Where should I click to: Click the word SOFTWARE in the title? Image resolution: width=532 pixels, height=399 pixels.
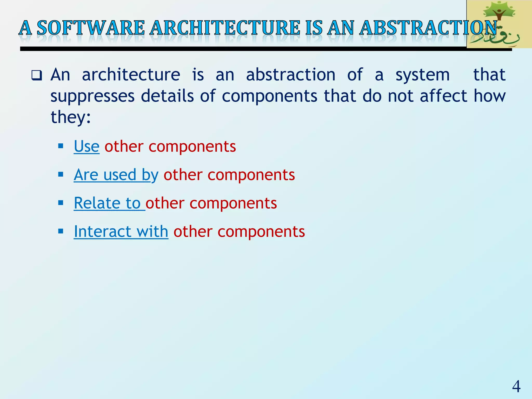point(91,28)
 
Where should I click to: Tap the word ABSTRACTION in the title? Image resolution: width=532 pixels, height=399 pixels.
point(429,28)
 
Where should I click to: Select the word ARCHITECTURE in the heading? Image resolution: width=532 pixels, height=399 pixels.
point(225,28)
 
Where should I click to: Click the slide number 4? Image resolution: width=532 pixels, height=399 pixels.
point(516,386)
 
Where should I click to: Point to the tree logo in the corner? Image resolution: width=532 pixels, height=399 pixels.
point(499,24)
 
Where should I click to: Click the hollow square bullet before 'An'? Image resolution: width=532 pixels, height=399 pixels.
point(36,75)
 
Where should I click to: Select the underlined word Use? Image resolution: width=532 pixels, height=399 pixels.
point(87,146)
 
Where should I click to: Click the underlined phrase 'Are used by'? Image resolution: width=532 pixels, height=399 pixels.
point(116,175)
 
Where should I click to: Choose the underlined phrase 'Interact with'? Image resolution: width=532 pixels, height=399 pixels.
point(121,231)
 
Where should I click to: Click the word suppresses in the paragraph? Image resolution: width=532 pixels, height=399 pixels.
point(92,96)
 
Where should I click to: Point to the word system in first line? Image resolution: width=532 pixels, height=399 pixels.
point(422,75)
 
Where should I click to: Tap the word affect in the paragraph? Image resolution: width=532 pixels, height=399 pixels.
point(443,96)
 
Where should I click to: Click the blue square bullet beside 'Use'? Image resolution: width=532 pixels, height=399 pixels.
point(61,146)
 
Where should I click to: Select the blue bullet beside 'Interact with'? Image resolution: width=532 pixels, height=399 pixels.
point(61,231)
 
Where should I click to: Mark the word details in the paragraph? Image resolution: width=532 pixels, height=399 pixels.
point(167,96)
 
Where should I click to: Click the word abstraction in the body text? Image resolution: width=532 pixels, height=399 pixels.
point(290,75)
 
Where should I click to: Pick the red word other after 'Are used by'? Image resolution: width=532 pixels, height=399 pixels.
point(183,175)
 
